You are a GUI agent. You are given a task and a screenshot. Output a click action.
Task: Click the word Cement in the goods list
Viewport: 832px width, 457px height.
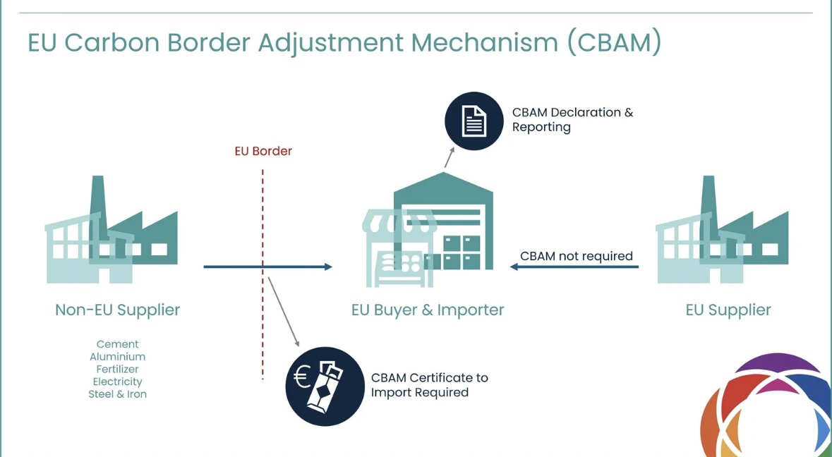(117, 345)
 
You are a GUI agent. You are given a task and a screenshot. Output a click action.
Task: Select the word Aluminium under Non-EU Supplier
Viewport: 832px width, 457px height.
(117, 357)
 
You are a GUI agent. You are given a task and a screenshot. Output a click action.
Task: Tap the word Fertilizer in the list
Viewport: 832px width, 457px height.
(117, 370)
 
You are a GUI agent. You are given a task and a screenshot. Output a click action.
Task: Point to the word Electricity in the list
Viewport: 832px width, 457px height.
(117, 382)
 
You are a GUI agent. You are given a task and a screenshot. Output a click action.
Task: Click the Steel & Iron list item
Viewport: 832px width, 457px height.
(117, 394)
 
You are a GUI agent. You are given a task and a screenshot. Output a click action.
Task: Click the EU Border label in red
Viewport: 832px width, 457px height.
(263, 151)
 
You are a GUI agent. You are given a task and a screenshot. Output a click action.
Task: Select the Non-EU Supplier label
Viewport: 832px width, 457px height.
(117, 310)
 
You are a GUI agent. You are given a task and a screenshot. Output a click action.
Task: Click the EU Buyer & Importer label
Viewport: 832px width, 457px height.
(428, 310)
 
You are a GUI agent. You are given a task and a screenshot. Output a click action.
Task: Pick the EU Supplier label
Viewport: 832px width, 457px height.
(728, 310)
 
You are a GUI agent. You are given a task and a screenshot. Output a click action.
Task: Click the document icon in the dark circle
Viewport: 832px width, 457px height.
(474, 121)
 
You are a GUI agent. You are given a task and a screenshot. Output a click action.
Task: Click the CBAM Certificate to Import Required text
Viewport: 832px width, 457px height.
(429, 385)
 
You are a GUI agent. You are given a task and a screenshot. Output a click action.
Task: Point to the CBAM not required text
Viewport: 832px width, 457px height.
(577, 256)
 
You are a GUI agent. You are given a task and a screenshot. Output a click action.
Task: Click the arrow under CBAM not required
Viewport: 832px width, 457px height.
(574, 267)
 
